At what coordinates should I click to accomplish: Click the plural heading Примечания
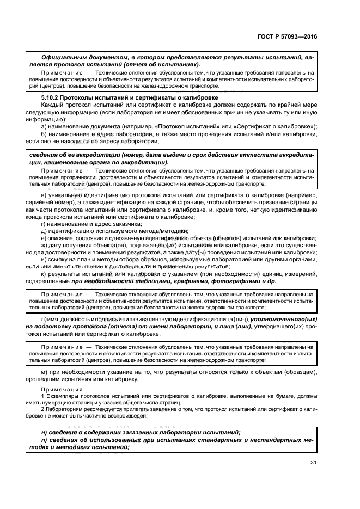tap(61, 390)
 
